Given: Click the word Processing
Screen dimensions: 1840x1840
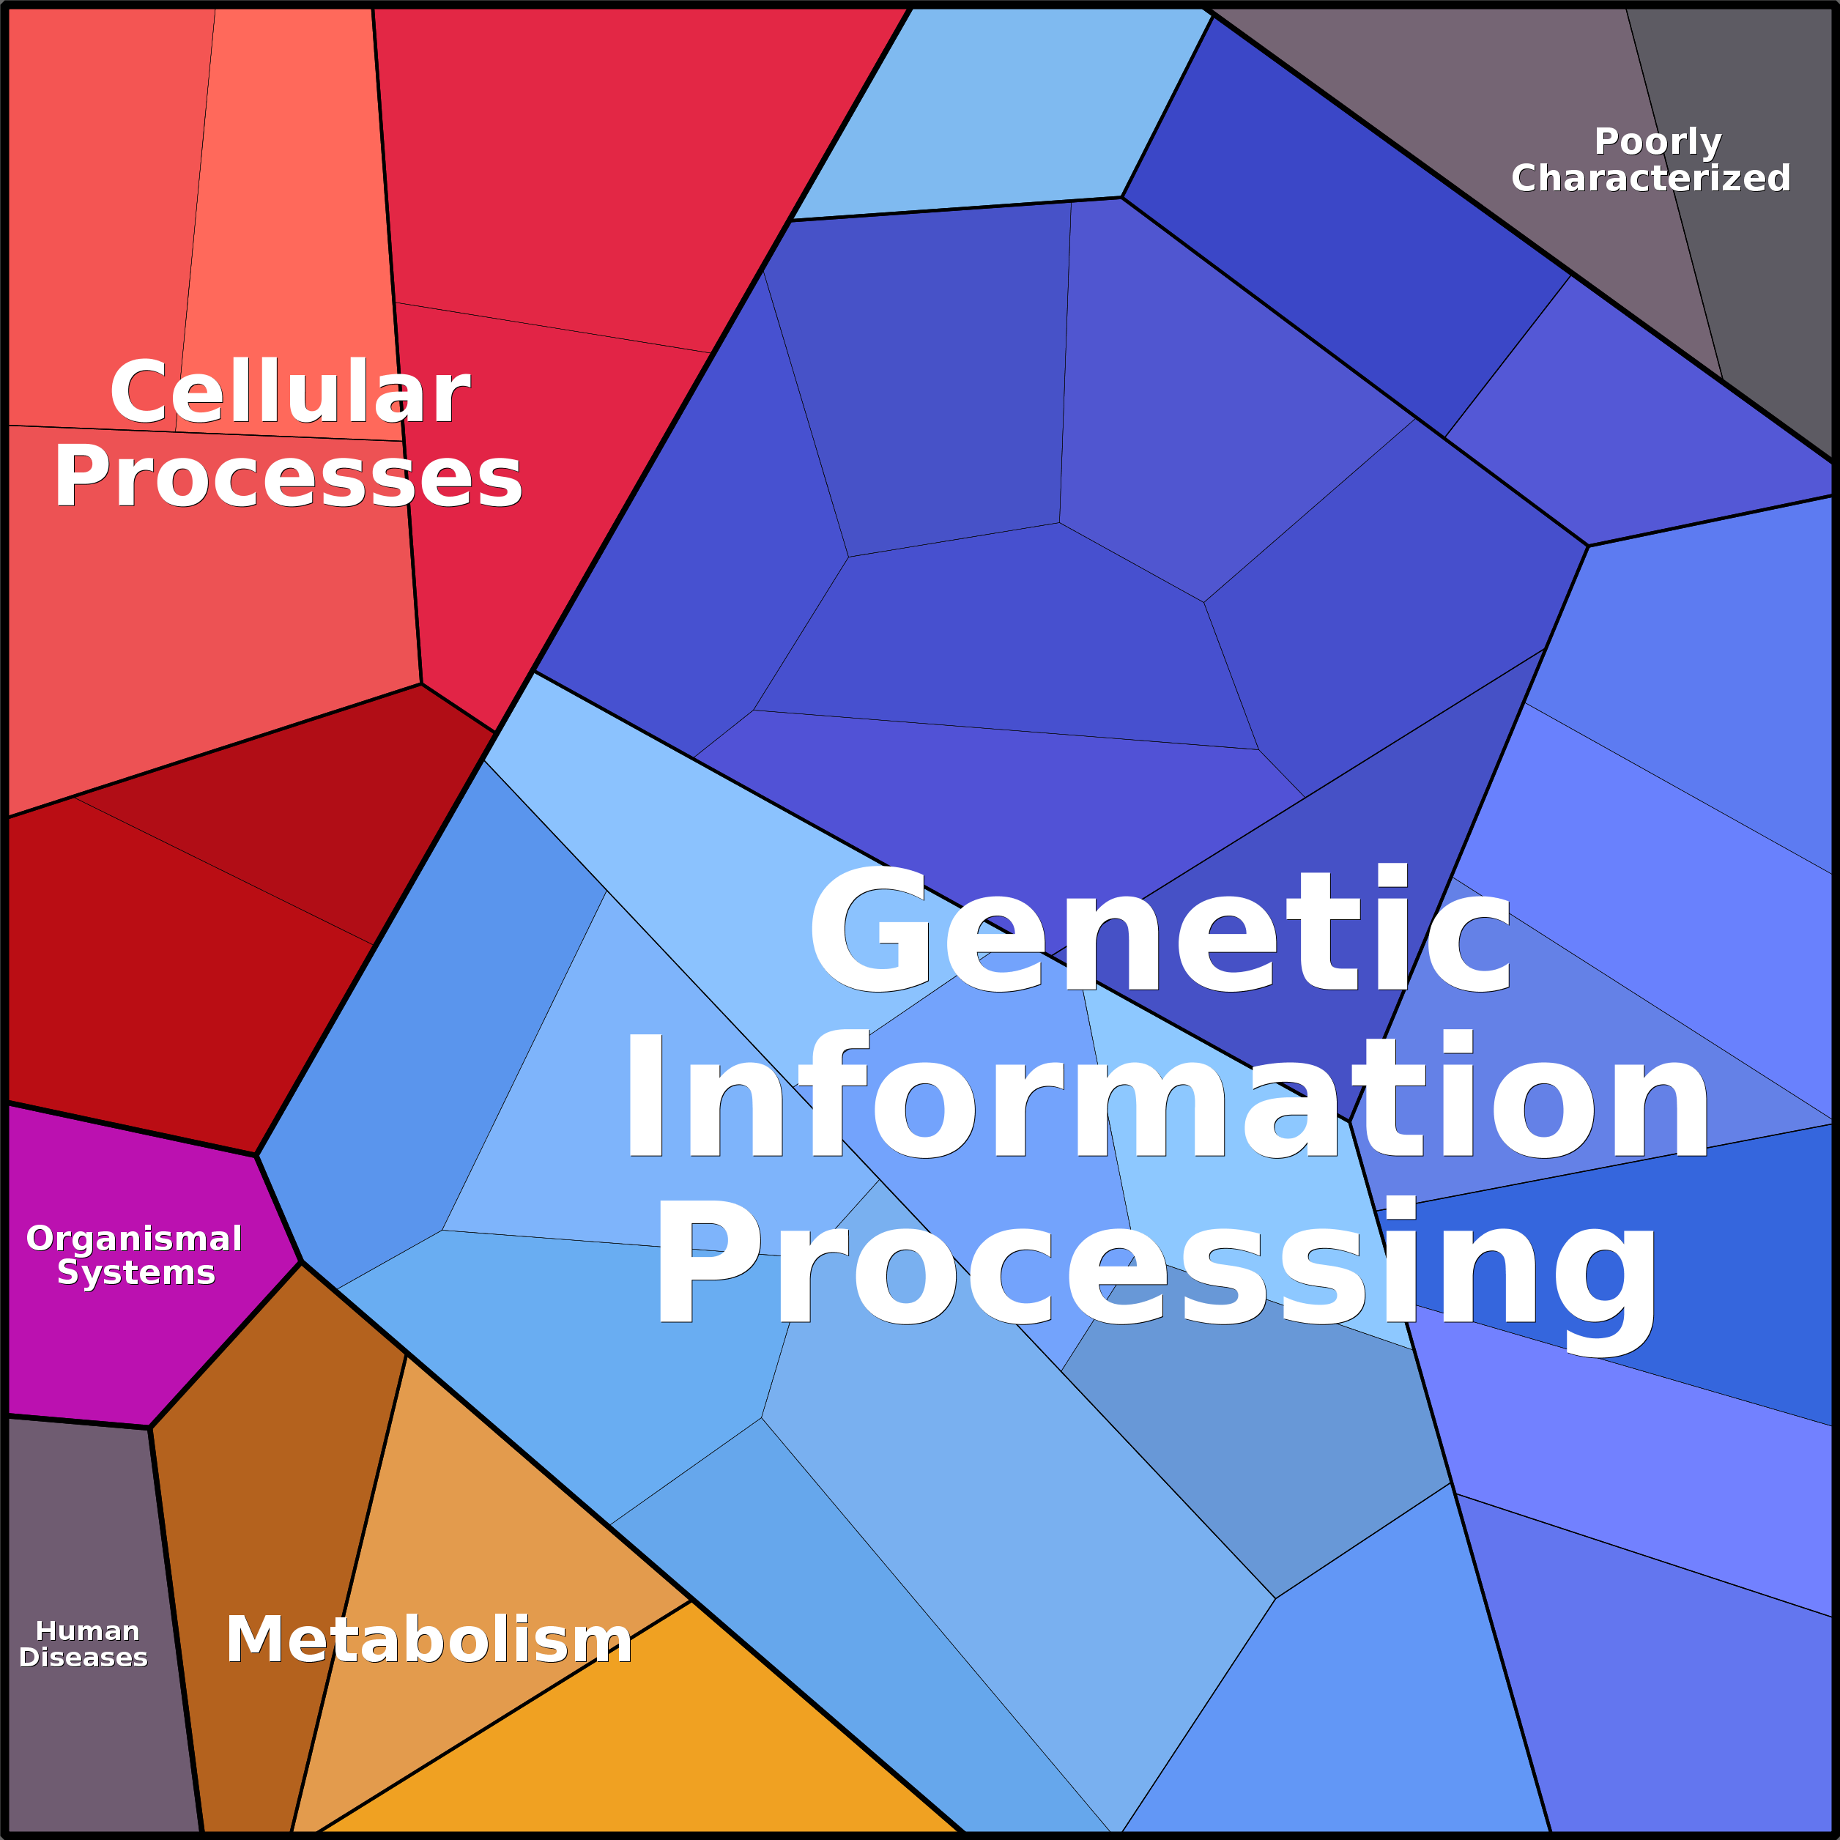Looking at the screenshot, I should pos(1156,1263).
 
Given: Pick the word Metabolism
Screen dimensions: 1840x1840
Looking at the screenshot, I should pos(429,1640).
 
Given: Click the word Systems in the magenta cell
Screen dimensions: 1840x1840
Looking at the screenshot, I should pos(136,1272).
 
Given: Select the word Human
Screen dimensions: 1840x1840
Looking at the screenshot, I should pos(88,1631).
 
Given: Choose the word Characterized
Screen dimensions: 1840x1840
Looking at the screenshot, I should pos(1650,178).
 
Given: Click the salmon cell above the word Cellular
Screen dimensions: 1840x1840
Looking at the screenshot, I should pos(286,190).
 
